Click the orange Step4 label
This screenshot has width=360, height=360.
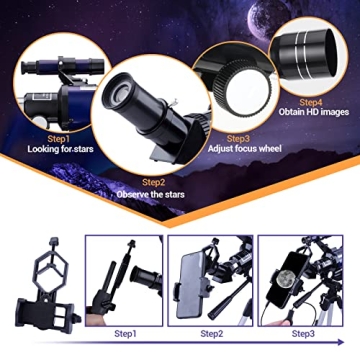[x=313, y=103]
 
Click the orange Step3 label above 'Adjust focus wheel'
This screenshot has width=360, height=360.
[x=238, y=138]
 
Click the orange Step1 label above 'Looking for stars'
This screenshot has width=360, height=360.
[x=58, y=138]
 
